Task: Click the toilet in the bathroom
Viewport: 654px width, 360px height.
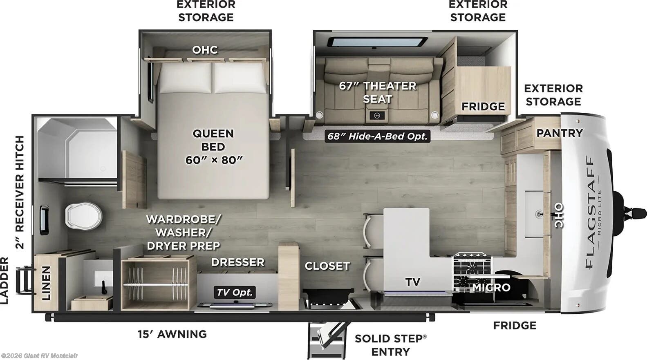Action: point(83,215)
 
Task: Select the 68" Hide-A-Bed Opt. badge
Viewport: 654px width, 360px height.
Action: point(377,136)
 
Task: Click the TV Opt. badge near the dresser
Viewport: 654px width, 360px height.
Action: point(235,292)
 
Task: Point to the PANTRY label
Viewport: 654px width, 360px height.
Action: point(559,133)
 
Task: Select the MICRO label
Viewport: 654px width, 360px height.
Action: point(491,288)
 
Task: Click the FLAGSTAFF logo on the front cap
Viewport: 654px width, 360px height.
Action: point(590,212)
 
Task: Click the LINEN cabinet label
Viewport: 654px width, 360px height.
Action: point(46,283)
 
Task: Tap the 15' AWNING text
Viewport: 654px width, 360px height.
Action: point(172,334)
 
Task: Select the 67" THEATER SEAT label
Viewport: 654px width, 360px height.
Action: point(377,92)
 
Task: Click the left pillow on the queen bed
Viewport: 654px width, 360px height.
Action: point(185,78)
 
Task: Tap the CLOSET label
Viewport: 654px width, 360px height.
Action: point(327,266)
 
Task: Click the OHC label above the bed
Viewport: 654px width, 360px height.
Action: point(205,50)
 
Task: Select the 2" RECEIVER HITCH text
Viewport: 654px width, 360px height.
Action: point(19,192)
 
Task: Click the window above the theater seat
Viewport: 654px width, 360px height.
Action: point(377,42)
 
